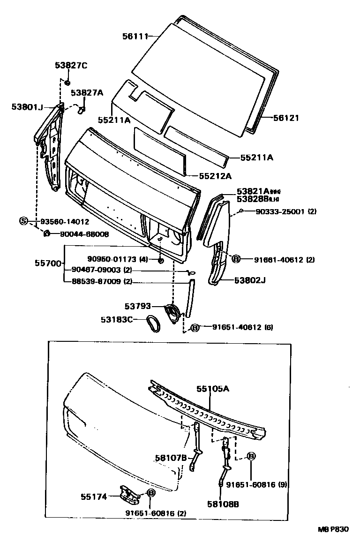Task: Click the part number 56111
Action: click(135, 36)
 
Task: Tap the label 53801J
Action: click(27, 107)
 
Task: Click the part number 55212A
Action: click(215, 176)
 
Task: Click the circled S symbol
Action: click(23, 221)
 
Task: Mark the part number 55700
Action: click(48, 263)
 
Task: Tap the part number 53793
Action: click(138, 306)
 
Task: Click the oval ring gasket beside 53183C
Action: click(154, 324)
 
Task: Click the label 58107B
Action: click(171, 458)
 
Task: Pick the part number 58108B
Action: click(223, 504)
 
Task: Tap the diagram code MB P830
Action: click(335, 529)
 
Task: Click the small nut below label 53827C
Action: click(67, 83)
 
